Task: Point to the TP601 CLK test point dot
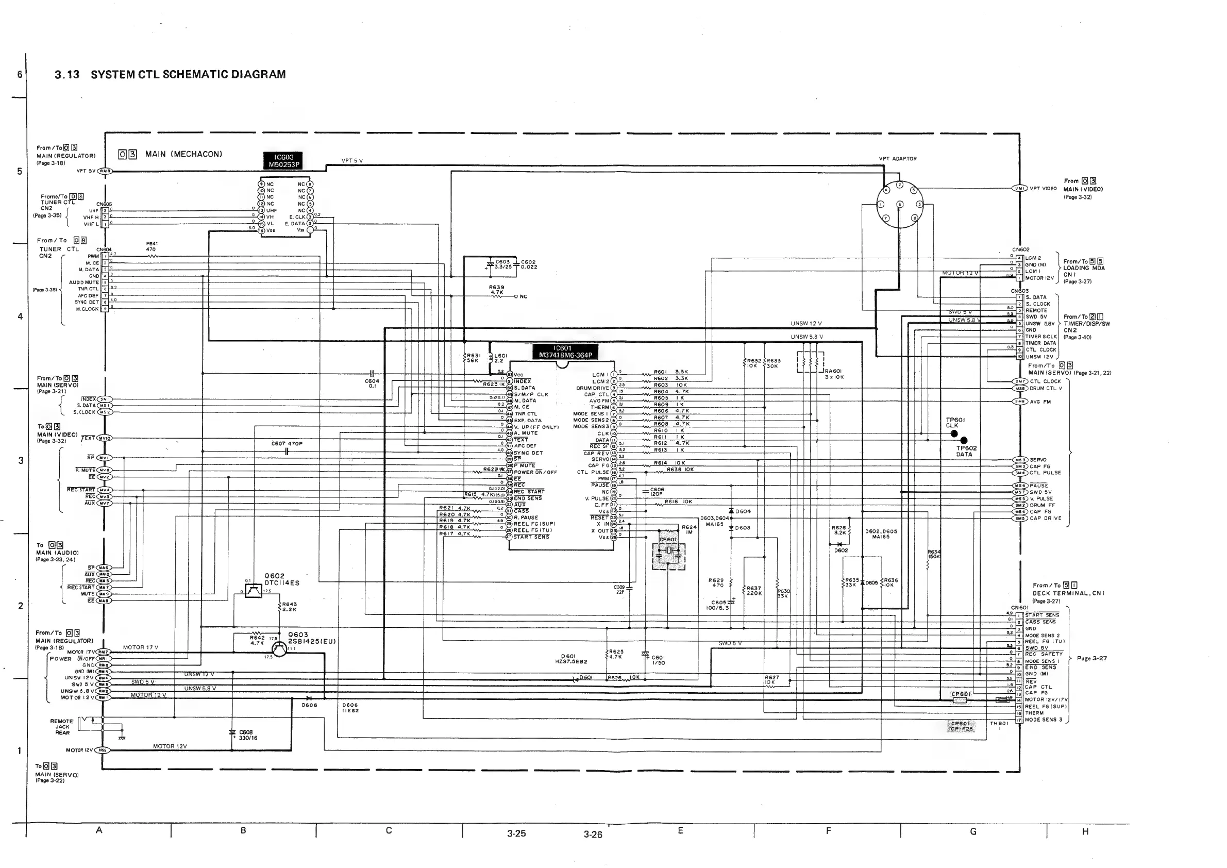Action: tap(954, 433)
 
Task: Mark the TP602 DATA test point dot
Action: tap(964, 440)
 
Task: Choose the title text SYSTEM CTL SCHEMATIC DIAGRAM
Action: tap(188, 75)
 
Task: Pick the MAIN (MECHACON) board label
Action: tap(183, 155)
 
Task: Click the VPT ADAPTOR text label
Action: tap(898, 159)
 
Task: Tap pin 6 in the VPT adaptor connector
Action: tap(899, 204)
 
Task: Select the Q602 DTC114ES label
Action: tap(282, 579)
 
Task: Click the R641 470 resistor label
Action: tap(152, 246)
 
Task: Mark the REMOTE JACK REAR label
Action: tap(62, 727)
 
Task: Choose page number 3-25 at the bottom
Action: tap(516, 833)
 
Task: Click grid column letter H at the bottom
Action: tap(1085, 831)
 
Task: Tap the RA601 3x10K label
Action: tap(834, 374)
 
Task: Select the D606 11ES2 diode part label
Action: tap(350, 708)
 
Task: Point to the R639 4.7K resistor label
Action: tap(496, 290)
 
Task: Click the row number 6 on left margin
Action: tap(20, 74)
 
